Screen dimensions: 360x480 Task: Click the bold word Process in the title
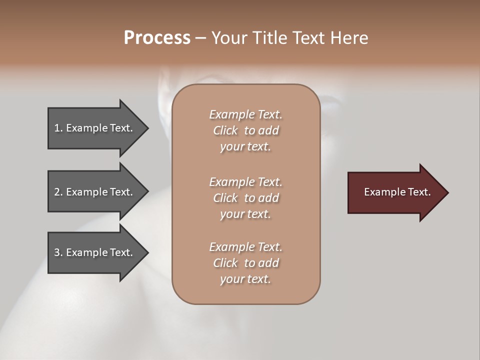(x=157, y=38)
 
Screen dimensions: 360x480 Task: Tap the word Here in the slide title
(x=348, y=38)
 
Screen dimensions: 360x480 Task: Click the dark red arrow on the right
(x=395, y=192)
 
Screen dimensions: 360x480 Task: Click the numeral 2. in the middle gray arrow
(x=58, y=192)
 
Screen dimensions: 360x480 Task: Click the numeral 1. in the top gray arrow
(x=58, y=128)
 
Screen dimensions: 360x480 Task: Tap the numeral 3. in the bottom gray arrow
(x=58, y=252)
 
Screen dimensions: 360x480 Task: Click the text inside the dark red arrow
(x=397, y=192)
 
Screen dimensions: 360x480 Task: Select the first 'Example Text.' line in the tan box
(x=245, y=114)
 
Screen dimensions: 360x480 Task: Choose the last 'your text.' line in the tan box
(x=245, y=279)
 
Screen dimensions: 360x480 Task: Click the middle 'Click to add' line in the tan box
(x=245, y=198)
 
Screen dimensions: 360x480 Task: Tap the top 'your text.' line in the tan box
(x=245, y=147)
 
